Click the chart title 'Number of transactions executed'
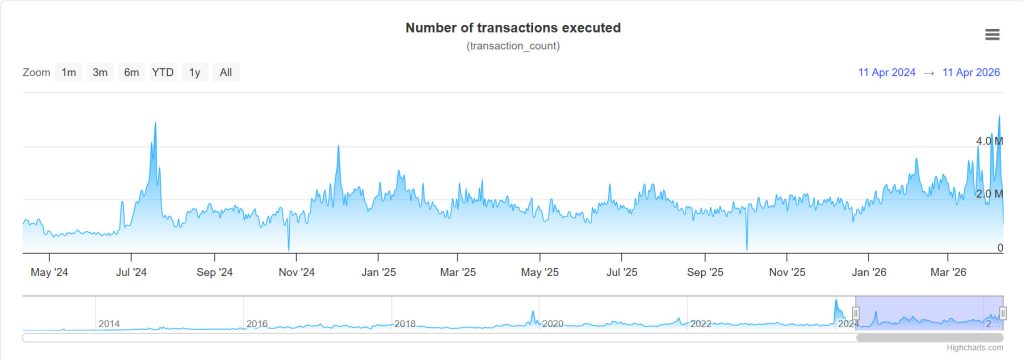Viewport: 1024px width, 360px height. click(512, 28)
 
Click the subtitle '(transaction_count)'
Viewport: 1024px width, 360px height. click(512, 47)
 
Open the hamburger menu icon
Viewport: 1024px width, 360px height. click(992, 35)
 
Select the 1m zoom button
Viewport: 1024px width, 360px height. click(69, 72)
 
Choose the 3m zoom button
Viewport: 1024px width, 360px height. click(100, 72)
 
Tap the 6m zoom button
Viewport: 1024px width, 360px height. click(131, 72)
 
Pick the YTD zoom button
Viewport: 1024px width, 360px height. click(163, 72)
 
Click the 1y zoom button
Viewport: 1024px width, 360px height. click(195, 72)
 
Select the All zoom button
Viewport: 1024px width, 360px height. click(226, 72)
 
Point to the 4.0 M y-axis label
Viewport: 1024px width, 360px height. click(989, 141)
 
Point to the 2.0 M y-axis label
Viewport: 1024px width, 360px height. click(989, 194)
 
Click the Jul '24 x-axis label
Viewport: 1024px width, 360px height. click(131, 271)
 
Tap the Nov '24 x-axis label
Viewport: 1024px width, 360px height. click(296, 271)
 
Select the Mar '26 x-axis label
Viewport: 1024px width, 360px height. click(948, 271)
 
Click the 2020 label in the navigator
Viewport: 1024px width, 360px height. click(552, 324)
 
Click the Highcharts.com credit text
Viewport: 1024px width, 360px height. click(976, 347)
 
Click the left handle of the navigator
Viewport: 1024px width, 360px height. click(855, 314)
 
